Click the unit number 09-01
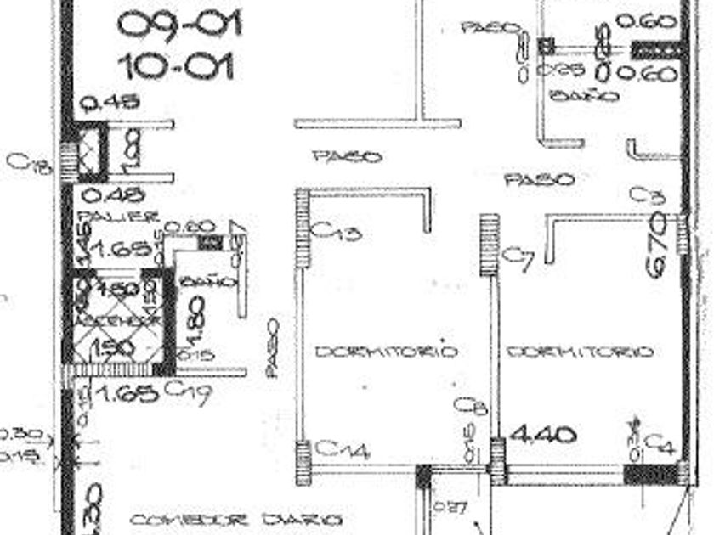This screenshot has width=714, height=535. pyautogui.click(x=178, y=23)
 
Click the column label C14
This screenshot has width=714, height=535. pyautogui.click(x=343, y=450)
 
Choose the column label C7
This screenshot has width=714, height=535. pyautogui.click(x=518, y=259)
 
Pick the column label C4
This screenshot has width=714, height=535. pyautogui.click(x=660, y=442)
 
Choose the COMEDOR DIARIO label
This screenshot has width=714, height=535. pyautogui.click(x=236, y=519)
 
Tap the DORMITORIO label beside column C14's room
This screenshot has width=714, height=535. pyautogui.click(x=387, y=351)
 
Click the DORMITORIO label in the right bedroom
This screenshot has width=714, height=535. pyautogui.click(x=581, y=351)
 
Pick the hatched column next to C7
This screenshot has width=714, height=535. pyautogui.click(x=489, y=245)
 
